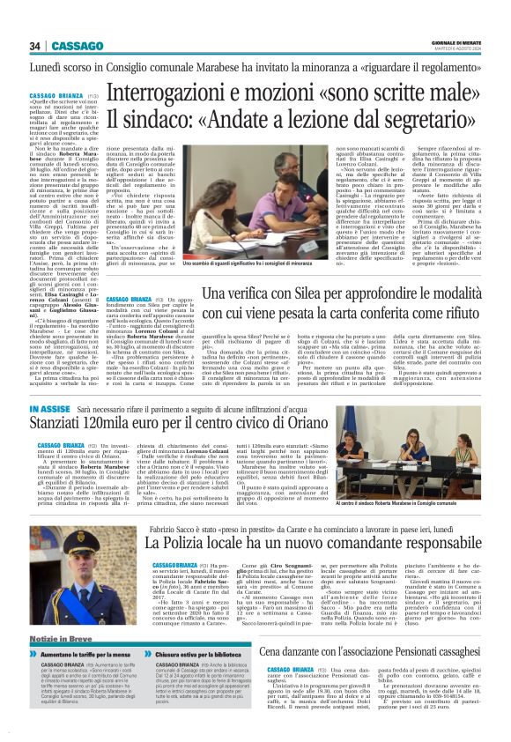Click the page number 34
35,46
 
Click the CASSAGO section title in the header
77,46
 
